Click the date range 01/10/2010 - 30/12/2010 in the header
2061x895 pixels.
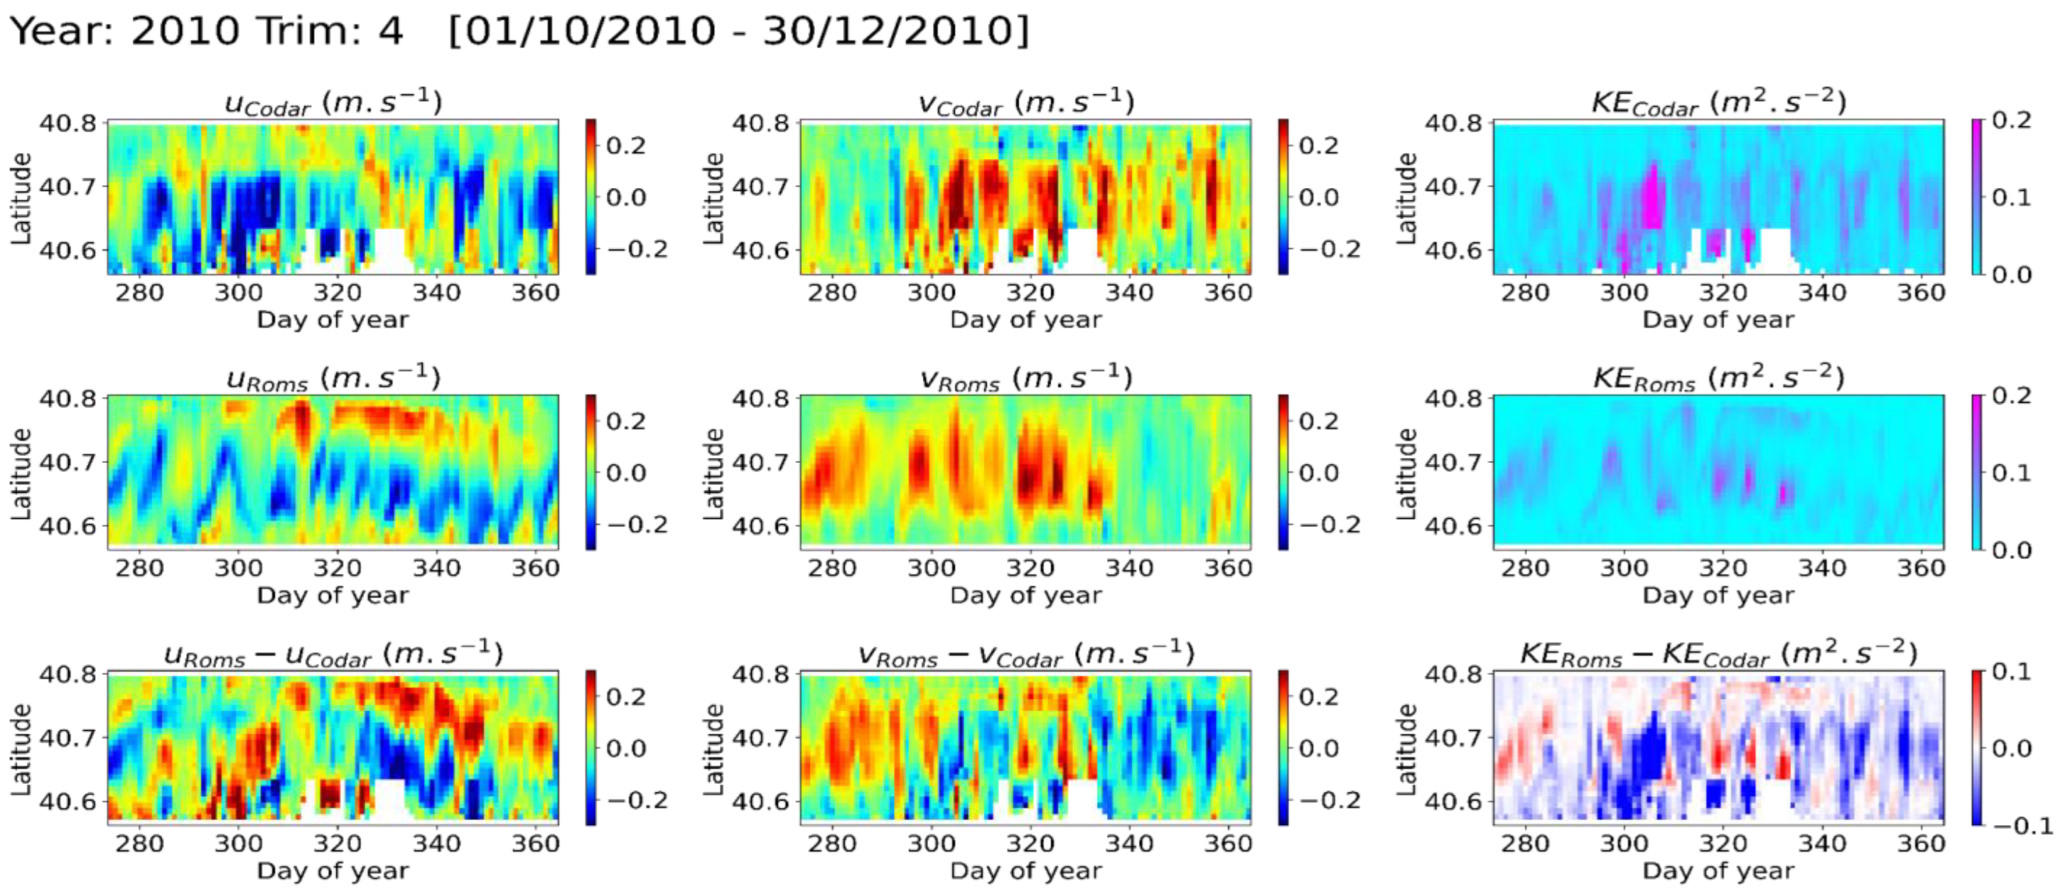pos(738,32)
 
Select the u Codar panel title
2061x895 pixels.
pos(333,103)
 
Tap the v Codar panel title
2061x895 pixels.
pos(1026,103)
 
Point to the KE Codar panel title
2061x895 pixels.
pos(1719,103)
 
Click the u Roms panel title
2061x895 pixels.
pos(333,377)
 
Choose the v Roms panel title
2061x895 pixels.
pos(1026,377)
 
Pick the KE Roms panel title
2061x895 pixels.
pos(1719,377)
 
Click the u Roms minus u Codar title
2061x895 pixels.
pos(333,653)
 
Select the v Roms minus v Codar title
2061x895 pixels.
pos(1026,653)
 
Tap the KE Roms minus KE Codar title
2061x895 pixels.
pos(1719,653)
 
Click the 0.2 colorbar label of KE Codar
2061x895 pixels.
pos(2011,121)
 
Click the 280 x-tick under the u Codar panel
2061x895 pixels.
pos(139,293)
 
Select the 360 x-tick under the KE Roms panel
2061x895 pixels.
pos(1920,569)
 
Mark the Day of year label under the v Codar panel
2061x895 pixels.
pos(1026,320)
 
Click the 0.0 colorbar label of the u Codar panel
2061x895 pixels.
pos(626,197)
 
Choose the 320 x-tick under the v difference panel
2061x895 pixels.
pos(1030,844)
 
